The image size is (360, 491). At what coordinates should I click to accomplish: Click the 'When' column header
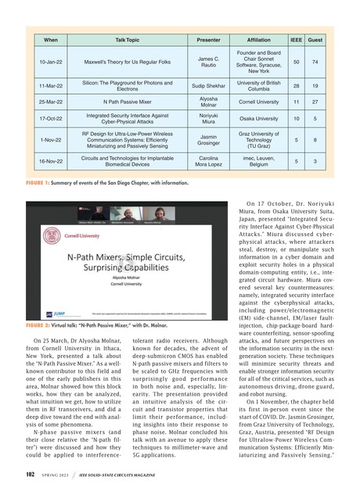(51, 38)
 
